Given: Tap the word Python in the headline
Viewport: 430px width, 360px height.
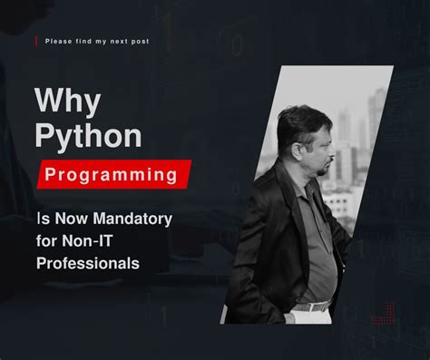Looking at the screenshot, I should [87, 136].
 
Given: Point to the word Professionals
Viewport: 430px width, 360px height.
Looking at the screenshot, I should [87, 263].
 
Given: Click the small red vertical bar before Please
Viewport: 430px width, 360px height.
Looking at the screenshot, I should [36, 42].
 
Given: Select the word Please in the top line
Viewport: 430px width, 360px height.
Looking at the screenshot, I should [58, 42].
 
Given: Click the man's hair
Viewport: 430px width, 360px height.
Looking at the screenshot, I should [299, 116].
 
